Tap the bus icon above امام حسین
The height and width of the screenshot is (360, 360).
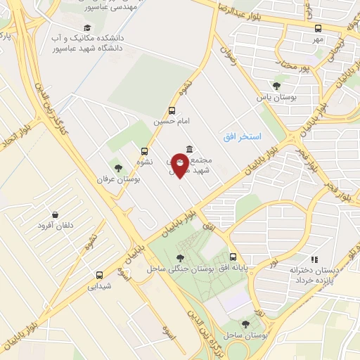point(172,110)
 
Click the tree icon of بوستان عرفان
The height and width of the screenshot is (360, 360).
point(118,168)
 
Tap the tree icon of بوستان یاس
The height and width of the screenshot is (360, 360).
point(276,86)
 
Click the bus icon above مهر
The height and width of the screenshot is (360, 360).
point(318,28)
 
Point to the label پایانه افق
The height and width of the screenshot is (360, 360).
point(232,269)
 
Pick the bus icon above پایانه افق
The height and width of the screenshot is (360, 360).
point(233,257)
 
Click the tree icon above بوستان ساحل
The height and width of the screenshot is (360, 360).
point(245,324)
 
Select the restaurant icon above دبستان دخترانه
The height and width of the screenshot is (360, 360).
point(314,259)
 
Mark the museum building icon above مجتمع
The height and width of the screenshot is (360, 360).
point(189,149)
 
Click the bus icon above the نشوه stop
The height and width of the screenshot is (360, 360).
point(145,150)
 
